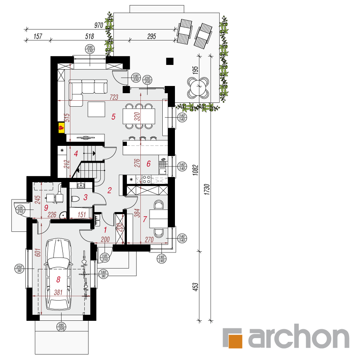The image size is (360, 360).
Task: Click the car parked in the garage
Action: pos(58,274)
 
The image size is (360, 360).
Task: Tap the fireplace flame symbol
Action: pos(61,127)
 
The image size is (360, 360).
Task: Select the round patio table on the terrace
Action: pos(198,88)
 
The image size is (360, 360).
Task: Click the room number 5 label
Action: pos(113,117)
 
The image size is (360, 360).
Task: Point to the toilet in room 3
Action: pos(75,199)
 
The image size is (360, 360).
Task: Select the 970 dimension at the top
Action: pos(99,25)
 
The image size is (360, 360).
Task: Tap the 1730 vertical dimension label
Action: pos(207,189)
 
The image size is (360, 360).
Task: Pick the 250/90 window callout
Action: pos(19,269)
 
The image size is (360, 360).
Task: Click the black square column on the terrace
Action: pos(169,61)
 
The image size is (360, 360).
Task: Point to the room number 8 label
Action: pos(58,279)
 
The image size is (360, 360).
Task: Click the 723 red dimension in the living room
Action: pos(114,97)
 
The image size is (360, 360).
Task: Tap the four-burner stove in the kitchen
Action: pos(147,179)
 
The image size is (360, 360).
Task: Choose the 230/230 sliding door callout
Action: pos(148,80)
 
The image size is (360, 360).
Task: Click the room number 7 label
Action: pos(145,219)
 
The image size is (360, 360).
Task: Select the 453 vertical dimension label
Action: pos(195,287)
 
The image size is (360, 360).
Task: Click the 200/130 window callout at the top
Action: pos(90,49)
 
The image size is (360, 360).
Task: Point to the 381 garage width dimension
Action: pos(58,292)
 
